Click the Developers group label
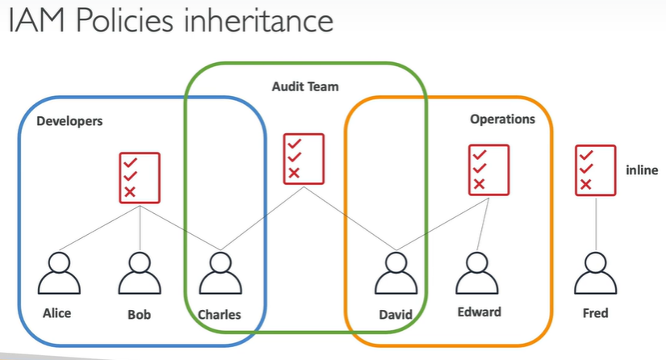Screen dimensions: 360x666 [x=69, y=121]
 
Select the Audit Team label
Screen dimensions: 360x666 [x=305, y=86]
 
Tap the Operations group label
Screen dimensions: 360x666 [x=502, y=119]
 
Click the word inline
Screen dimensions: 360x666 [x=642, y=170]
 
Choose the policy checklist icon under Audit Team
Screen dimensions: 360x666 [x=304, y=157]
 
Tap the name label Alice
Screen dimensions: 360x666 [x=57, y=313]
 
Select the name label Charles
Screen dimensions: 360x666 [x=219, y=314]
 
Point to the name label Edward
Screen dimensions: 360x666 [x=479, y=312]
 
